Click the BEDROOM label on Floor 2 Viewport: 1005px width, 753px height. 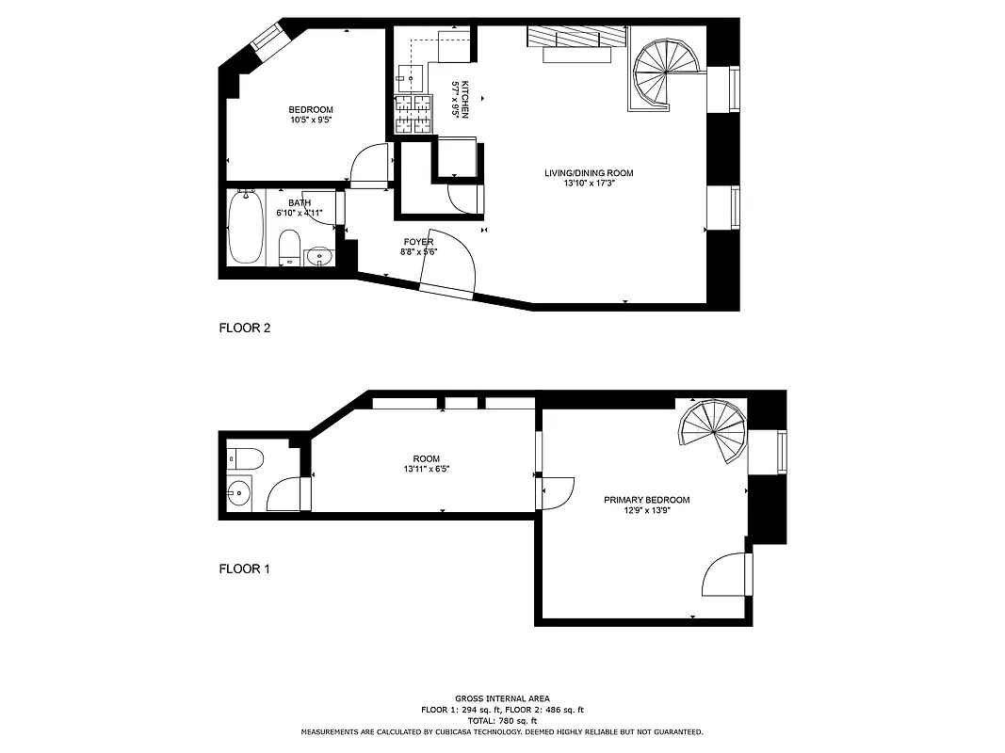(311, 110)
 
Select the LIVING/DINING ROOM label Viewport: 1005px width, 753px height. (589, 173)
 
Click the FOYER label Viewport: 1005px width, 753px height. (418, 242)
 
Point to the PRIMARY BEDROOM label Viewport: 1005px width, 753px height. (646, 500)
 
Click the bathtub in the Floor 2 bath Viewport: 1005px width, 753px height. (246, 227)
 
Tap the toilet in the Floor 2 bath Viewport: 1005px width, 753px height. (290, 248)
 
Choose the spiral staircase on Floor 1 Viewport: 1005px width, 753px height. (713, 433)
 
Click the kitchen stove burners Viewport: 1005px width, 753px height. (412, 114)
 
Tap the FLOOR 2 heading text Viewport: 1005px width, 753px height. (245, 328)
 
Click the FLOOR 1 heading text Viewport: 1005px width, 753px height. (245, 569)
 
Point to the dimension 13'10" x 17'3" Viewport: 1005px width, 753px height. (589, 184)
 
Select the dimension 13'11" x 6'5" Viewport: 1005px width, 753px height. (427, 469)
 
